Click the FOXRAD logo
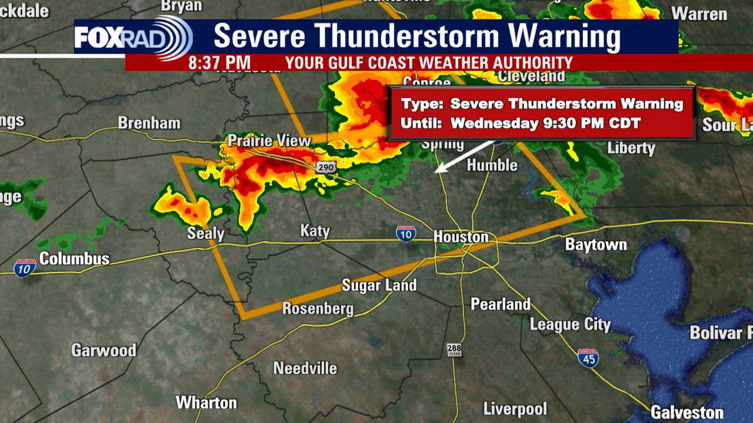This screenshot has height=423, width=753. (x=133, y=38)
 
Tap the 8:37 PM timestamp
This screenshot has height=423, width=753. (x=219, y=63)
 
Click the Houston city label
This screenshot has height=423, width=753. (x=461, y=237)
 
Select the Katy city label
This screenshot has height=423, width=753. (x=315, y=230)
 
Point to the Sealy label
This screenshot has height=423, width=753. (x=205, y=233)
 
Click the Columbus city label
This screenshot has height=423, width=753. (x=74, y=258)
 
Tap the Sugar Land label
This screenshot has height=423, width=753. (x=379, y=286)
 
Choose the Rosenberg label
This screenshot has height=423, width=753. (x=318, y=308)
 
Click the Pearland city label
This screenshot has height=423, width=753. (x=501, y=304)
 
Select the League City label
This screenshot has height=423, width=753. (x=570, y=324)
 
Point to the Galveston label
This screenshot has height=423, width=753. (x=687, y=412)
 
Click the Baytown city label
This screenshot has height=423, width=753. (x=596, y=244)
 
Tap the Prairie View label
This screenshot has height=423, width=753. (x=269, y=141)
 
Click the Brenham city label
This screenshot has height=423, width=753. (x=149, y=123)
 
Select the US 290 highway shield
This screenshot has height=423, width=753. (x=325, y=167)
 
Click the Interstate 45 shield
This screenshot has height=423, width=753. (x=588, y=358)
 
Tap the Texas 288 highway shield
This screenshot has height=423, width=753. (x=454, y=350)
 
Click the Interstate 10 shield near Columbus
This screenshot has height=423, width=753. (x=25, y=268)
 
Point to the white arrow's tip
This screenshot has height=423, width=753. (x=435, y=172)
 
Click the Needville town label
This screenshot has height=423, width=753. (x=305, y=368)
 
